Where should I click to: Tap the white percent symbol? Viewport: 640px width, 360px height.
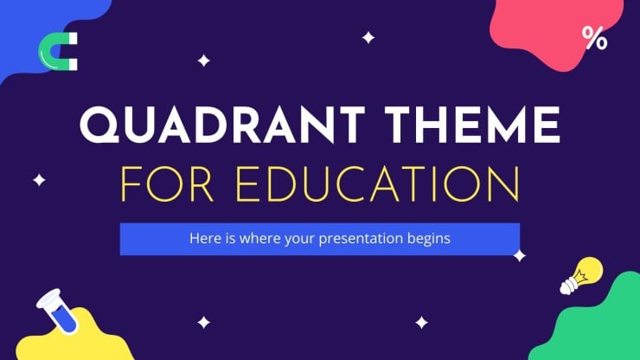(595, 38)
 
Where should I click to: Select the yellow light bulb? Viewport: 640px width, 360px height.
(581, 275)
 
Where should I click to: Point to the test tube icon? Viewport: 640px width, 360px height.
(57, 311)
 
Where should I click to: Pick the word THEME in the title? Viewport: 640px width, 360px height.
(472, 125)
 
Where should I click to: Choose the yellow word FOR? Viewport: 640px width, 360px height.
(167, 183)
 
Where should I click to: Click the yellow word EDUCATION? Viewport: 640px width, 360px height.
(378, 183)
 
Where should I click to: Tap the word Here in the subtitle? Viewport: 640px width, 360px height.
(206, 238)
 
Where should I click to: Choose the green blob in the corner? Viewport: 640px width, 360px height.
(592, 323)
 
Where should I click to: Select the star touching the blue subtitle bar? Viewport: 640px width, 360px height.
(519, 256)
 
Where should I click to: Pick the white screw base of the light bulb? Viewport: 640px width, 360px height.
(567, 286)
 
